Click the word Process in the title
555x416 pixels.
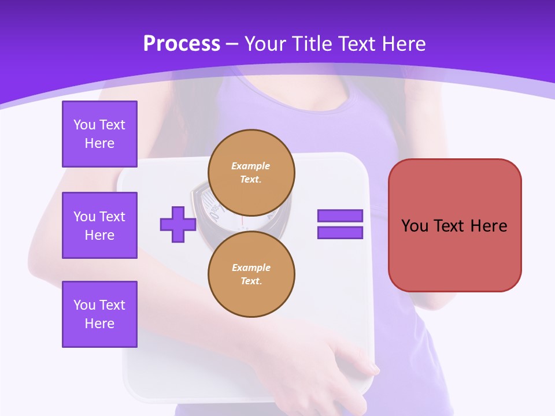click(182, 44)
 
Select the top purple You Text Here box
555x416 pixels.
click(99, 134)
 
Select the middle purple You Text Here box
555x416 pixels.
click(99, 225)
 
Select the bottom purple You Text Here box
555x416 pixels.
click(99, 314)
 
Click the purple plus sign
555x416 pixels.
click(178, 224)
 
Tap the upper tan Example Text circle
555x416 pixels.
click(251, 173)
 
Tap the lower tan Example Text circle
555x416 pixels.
click(251, 274)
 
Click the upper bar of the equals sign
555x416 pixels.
click(340, 216)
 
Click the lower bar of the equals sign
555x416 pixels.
click(340, 232)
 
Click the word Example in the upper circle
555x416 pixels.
click(251, 166)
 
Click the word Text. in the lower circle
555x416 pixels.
click(251, 281)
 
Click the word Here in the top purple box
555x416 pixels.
click(99, 143)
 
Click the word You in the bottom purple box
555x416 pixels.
click(84, 305)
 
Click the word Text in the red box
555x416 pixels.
click(449, 226)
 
